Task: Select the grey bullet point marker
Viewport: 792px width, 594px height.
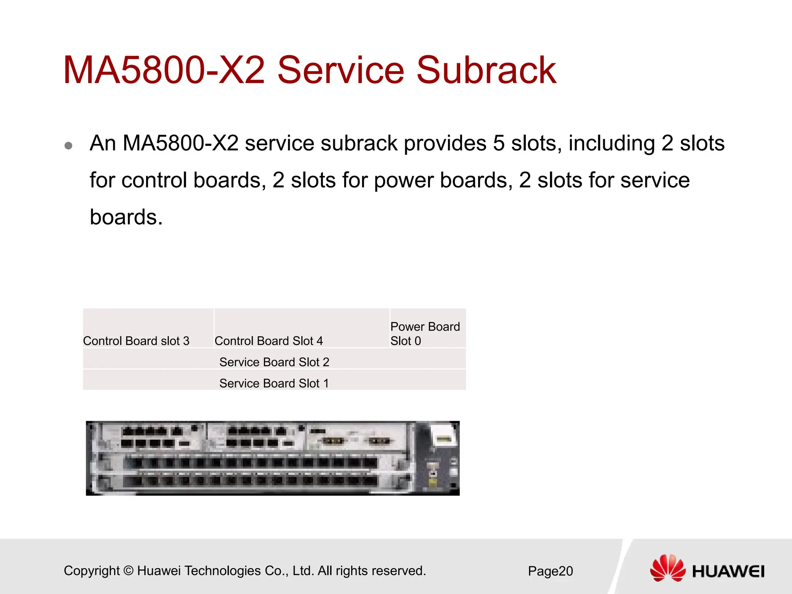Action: [x=69, y=145]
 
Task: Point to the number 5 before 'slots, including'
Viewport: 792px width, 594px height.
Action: [x=498, y=143]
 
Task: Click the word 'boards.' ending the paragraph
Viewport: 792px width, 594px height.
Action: [x=126, y=217]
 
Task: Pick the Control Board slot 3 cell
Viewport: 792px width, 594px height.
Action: [x=136, y=341]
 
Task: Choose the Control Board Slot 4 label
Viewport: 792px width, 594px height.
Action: [x=268, y=341]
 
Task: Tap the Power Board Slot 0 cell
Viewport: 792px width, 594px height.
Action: [x=425, y=333]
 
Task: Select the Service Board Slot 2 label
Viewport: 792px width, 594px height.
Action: [x=274, y=362]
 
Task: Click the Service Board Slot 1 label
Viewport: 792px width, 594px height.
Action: [x=274, y=383]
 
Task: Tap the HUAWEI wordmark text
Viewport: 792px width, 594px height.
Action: [x=728, y=572]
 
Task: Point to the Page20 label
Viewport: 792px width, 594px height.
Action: [x=550, y=571]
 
